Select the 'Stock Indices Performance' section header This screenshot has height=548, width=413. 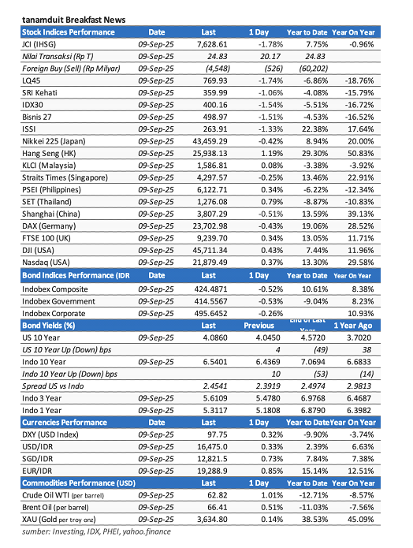pos(68,32)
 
